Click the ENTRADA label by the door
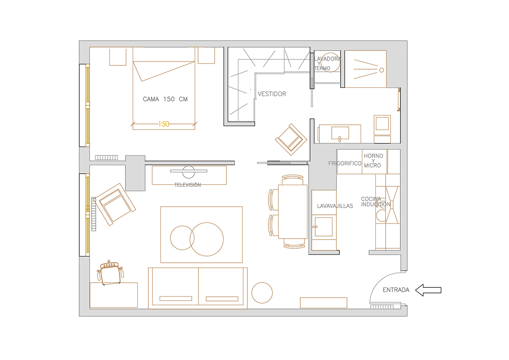tap(396, 290)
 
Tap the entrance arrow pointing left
tap(428, 290)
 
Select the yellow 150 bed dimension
tap(164, 124)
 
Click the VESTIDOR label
tap(272, 94)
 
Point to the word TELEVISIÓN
tap(187, 185)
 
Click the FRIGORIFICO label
tap(345, 163)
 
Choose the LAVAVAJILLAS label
tap(335, 206)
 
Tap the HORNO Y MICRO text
tap(373, 160)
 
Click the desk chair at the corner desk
tap(110, 273)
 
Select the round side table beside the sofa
tap(262, 292)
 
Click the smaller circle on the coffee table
tap(182, 238)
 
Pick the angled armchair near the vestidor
tap(291, 140)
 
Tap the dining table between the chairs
tap(293, 212)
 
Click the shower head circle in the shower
tap(381, 70)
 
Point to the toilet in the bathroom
tap(382, 129)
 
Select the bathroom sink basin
tap(340, 133)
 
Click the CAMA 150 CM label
tap(165, 99)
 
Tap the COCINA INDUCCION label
tap(376, 202)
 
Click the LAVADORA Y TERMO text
tap(327, 63)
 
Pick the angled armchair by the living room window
tap(115, 205)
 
